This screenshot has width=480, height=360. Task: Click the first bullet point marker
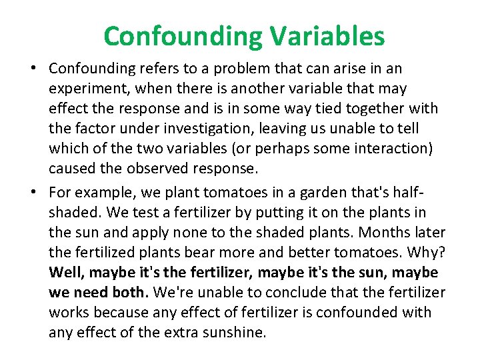click(33, 69)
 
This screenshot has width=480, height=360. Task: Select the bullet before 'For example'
click(33, 193)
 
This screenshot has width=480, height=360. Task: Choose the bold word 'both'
click(129, 292)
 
